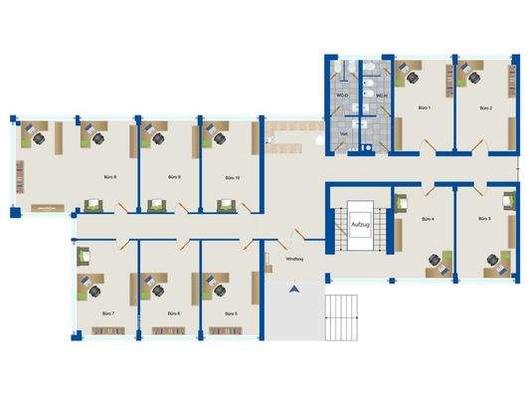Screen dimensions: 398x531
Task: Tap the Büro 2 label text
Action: click(485, 106)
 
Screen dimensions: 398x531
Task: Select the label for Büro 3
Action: click(485, 219)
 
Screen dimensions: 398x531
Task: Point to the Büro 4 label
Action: click(428, 219)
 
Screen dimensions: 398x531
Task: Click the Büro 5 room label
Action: click(231, 313)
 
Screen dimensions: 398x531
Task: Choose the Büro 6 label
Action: click(171, 313)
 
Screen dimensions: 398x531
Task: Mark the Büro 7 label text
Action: click(108, 313)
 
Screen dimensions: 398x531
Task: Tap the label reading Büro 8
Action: click(109, 177)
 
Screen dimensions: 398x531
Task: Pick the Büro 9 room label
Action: click(172, 177)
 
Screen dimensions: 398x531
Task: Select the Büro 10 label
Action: click(232, 177)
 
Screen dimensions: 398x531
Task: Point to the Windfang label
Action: click(294, 259)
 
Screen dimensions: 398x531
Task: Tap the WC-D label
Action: click(342, 96)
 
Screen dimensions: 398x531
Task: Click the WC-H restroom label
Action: click(381, 96)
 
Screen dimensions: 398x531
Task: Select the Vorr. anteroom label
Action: click(344, 132)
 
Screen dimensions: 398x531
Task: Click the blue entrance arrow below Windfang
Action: click(293, 290)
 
